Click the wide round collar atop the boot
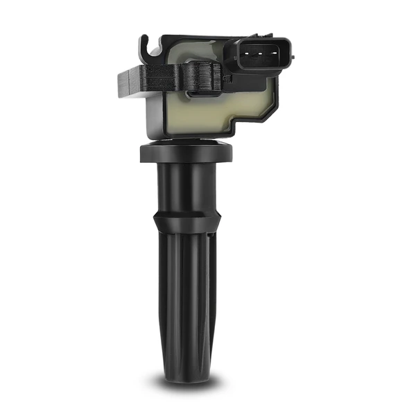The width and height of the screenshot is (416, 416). point(186,153)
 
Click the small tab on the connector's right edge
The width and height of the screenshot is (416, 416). point(293,54)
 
